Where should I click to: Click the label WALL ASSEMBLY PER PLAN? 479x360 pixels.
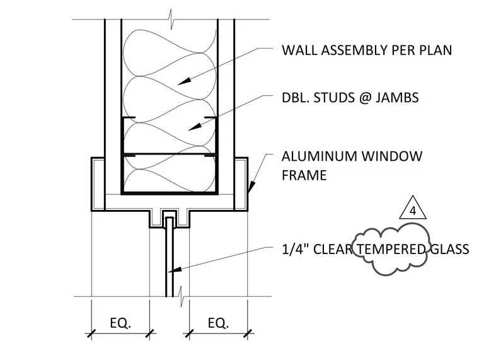pyautogui.click(x=367, y=50)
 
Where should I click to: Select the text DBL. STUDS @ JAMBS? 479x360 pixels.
pyautogui.click(x=350, y=98)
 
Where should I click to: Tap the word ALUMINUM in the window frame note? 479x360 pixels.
pyautogui.click(x=320, y=156)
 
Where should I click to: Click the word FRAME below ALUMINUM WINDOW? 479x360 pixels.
pyautogui.click(x=304, y=175)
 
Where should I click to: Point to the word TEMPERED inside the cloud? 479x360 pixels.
pyautogui.click(x=391, y=250)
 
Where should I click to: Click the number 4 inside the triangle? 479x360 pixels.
pyautogui.click(x=413, y=211)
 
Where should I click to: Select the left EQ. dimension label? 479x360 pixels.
pyautogui.click(x=120, y=323)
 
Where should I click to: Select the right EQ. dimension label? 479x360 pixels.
pyautogui.click(x=218, y=323)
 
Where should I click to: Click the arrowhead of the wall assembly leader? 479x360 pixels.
pyautogui.click(x=184, y=81)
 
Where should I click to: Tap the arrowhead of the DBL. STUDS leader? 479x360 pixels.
pyautogui.click(x=195, y=127)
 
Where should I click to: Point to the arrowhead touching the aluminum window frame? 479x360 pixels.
pyautogui.click(x=251, y=187)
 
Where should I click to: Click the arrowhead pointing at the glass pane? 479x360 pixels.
pyautogui.click(x=175, y=270)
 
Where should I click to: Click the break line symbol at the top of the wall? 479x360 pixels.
pyautogui.click(x=170, y=20)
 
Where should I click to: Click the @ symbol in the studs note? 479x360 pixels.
pyautogui.click(x=365, y=98)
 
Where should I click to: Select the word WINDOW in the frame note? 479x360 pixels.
pyautogui.click(x=392, y=156)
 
